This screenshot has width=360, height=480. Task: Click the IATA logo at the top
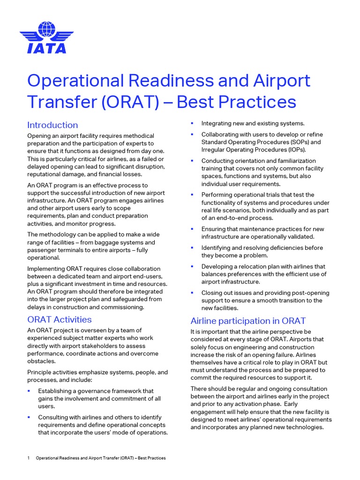pos(46,37)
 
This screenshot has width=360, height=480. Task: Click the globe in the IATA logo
pos(46,29)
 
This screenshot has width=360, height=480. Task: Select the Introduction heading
pos(52,125)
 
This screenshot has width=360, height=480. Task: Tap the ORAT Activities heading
pos(60,320)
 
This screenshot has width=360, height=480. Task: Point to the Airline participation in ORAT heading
pos(248,321)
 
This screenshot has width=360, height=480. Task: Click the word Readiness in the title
pos(157,81)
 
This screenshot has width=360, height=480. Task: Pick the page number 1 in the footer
pos(29,458)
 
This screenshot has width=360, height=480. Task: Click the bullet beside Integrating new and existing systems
pos(192,123)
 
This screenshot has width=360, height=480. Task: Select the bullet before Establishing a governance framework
pos(29,390)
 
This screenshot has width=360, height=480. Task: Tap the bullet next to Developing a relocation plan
pos(192,266)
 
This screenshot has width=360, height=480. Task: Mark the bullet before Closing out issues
pos(192,292)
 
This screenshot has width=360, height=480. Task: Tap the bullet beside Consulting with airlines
pos(29,416)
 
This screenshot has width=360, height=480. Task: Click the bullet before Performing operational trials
pos(192,194)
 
